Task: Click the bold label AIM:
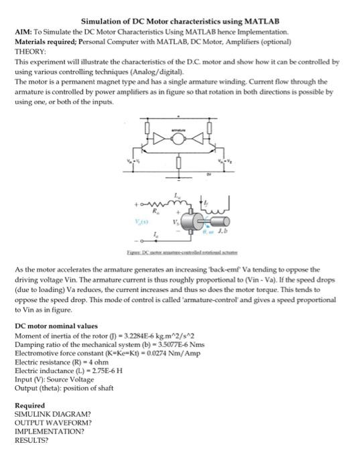click(23, 32)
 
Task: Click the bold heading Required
click(30, 405)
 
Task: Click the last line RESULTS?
click(33, 442)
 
